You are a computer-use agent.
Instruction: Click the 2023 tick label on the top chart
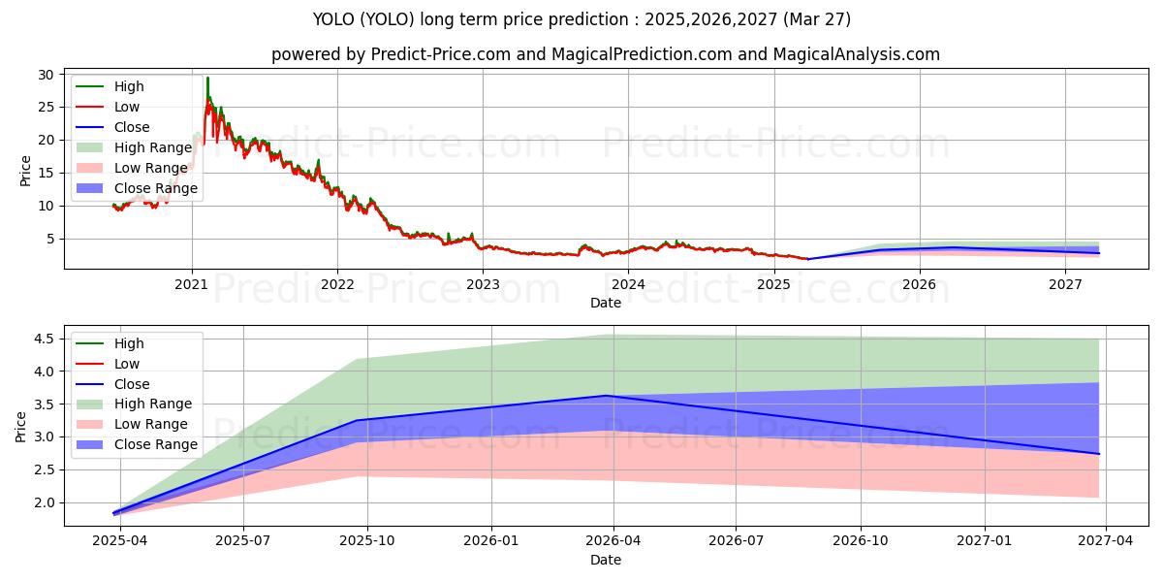tap(483, 284)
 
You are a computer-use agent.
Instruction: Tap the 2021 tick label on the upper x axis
tap(191, 284)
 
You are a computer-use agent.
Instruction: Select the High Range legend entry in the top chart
tap(153, 147)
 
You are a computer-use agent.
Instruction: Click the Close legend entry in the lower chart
tap(132, 384)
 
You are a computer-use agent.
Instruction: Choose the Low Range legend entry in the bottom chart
tap(151, 424)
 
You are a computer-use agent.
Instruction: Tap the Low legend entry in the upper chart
tap(127, 107)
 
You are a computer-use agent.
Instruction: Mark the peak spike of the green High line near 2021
tap(207, 78)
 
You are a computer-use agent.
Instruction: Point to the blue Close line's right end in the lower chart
tap(1098, 454)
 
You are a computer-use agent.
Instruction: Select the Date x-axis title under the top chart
tap(606, 303)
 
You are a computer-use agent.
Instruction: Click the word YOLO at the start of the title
tap(332, 18)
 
